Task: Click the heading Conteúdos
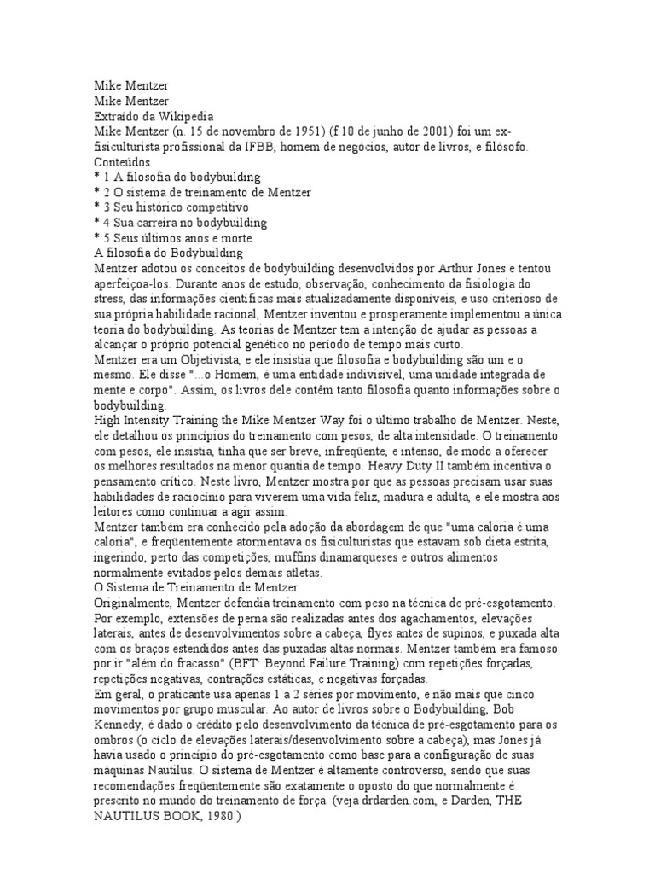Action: [x=122, y=161]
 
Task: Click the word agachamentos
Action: [x=434, y=618]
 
